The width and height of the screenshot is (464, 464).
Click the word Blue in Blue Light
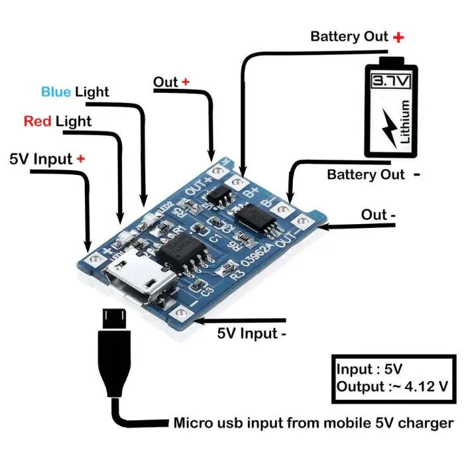56,91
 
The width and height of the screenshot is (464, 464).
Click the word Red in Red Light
38,121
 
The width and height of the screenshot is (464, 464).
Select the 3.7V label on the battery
391,82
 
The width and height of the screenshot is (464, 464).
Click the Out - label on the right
379,215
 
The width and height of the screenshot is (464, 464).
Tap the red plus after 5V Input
81,159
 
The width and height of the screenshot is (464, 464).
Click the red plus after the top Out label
186,82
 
